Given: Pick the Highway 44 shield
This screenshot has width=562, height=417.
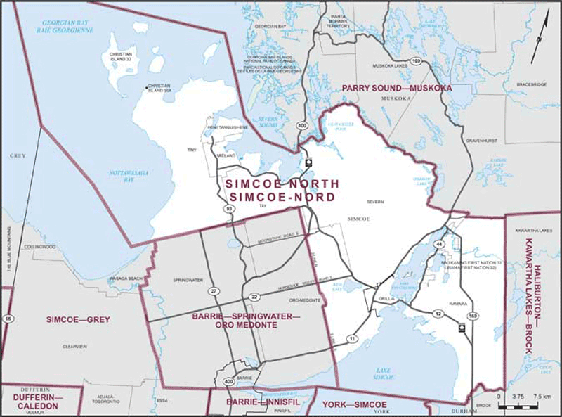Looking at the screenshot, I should click(x=439, y=243).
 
